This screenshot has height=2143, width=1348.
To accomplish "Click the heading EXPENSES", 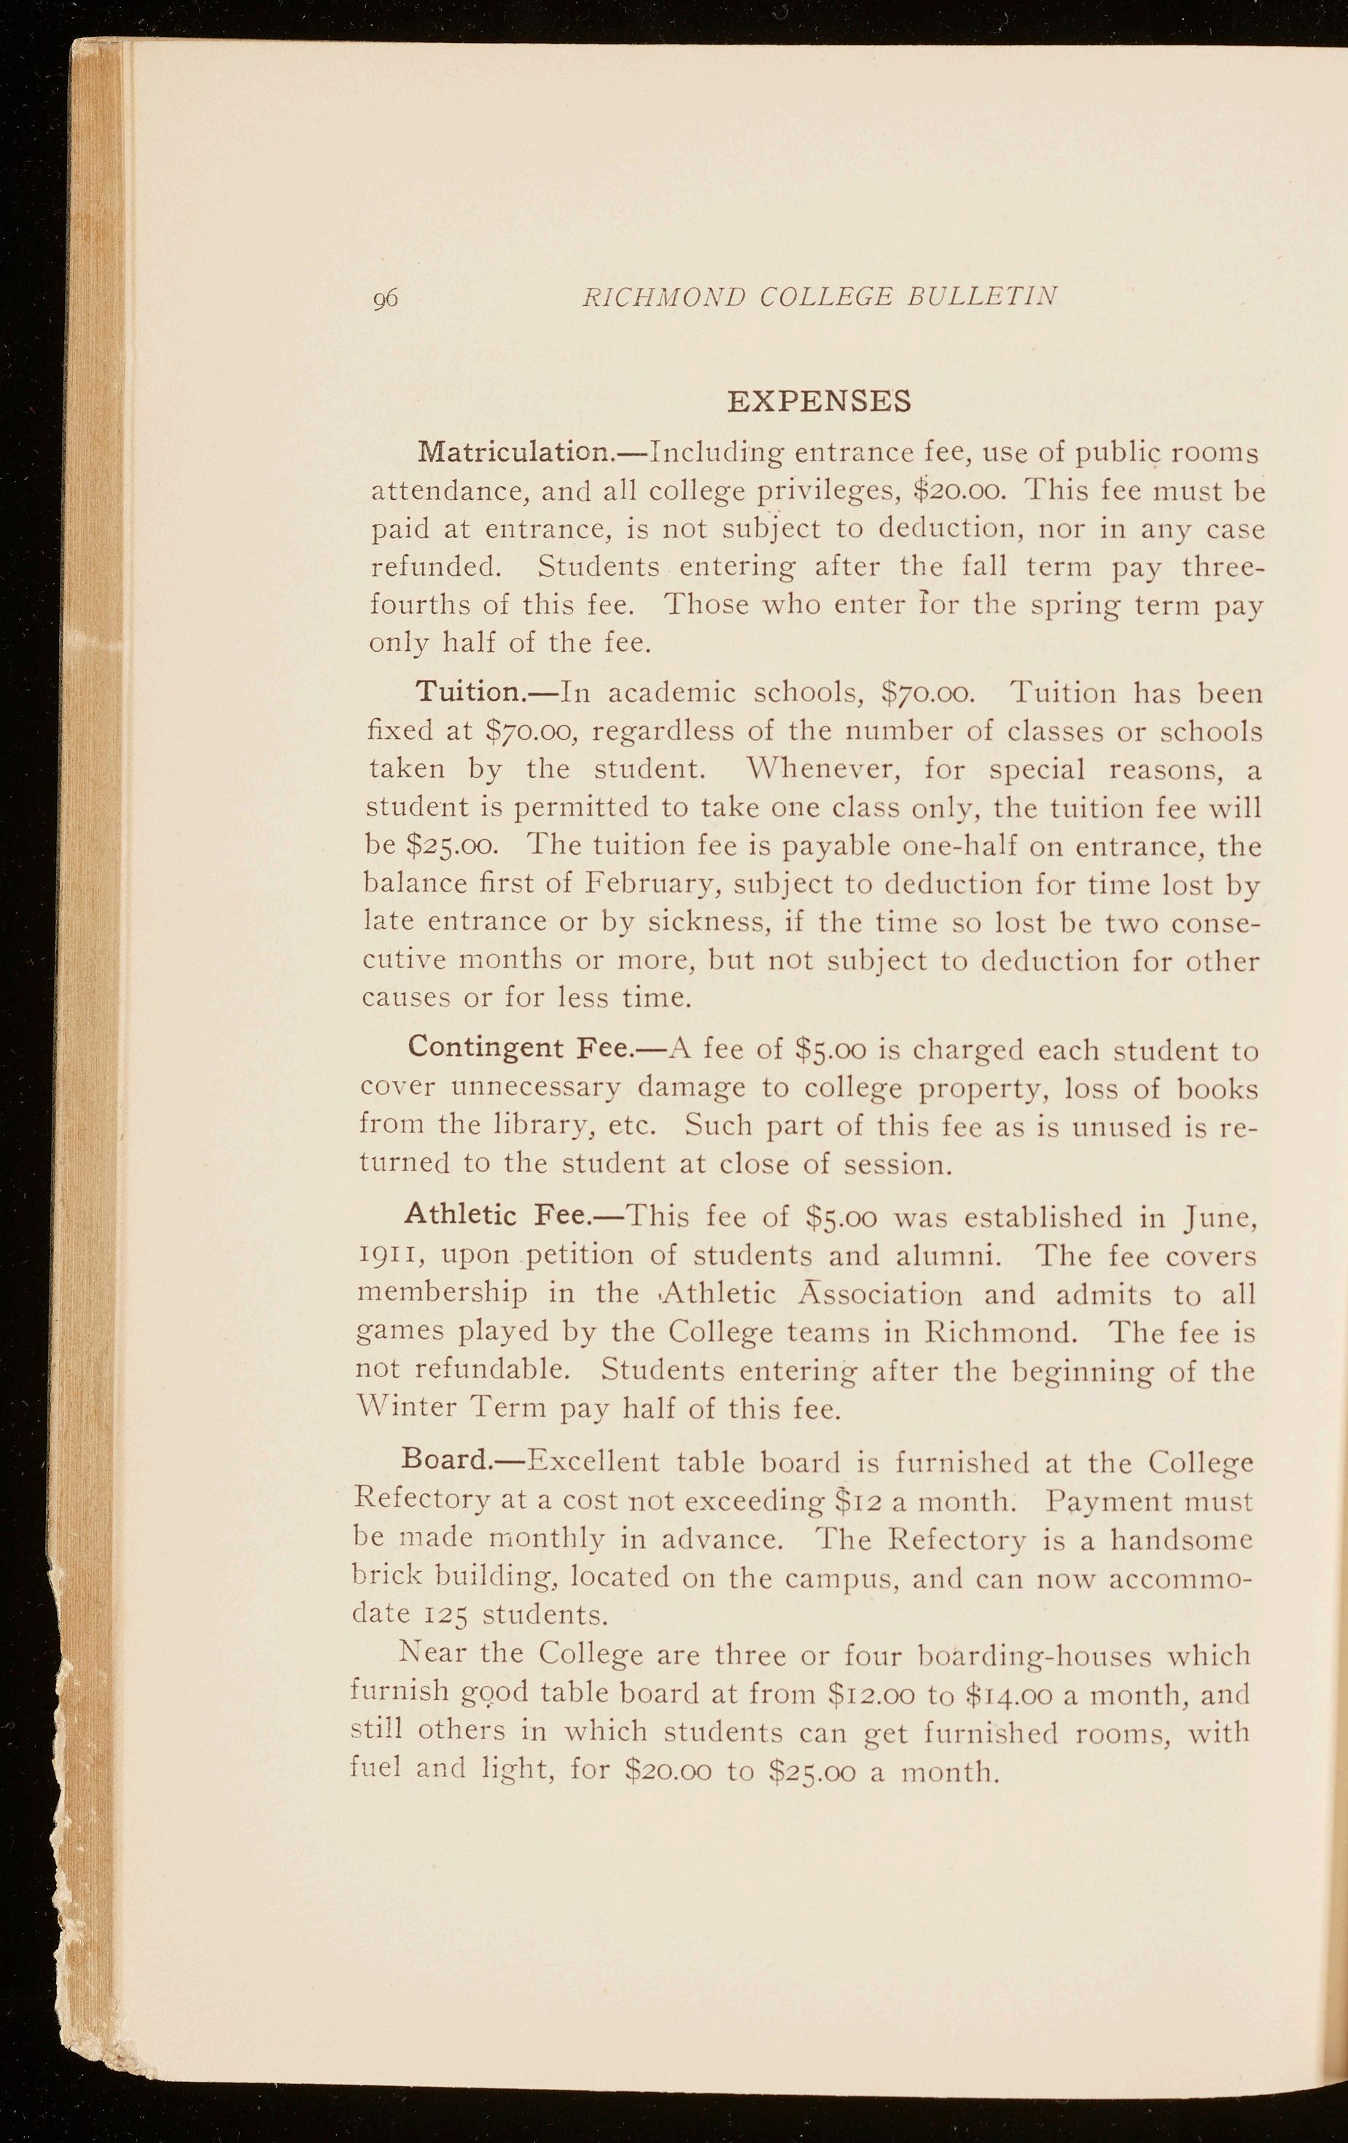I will [819, 402].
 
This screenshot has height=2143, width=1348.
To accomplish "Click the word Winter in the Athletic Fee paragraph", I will [404, 1409].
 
